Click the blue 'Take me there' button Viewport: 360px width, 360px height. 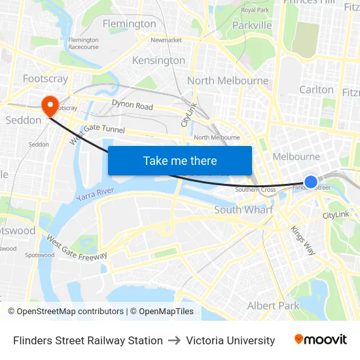click(x=180, y=161)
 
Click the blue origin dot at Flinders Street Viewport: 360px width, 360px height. click(x=311, y=181)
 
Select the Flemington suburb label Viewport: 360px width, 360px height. click(x=130, y=24)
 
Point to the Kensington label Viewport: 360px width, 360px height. click(x=158, y=60)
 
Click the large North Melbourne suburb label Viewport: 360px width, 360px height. click(x=228, y=81)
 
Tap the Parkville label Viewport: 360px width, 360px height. click(x=252, y=26)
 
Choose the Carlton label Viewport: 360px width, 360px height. click(x=316, y=90)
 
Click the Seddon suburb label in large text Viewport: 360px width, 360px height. click(x=24, y=120)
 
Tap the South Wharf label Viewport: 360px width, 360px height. click(x=244, y=210)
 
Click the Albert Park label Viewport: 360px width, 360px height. click(x=273, y=306)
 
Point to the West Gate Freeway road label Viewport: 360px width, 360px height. click(x=77, y=249)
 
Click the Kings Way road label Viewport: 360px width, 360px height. click(x=302, y=240)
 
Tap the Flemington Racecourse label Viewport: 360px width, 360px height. click(x=83, y=44)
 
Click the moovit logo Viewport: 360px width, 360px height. click(x=321, y=339)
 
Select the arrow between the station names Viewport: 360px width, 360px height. click(x=175, y=340)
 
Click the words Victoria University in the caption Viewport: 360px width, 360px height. click(x=230, y=340)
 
